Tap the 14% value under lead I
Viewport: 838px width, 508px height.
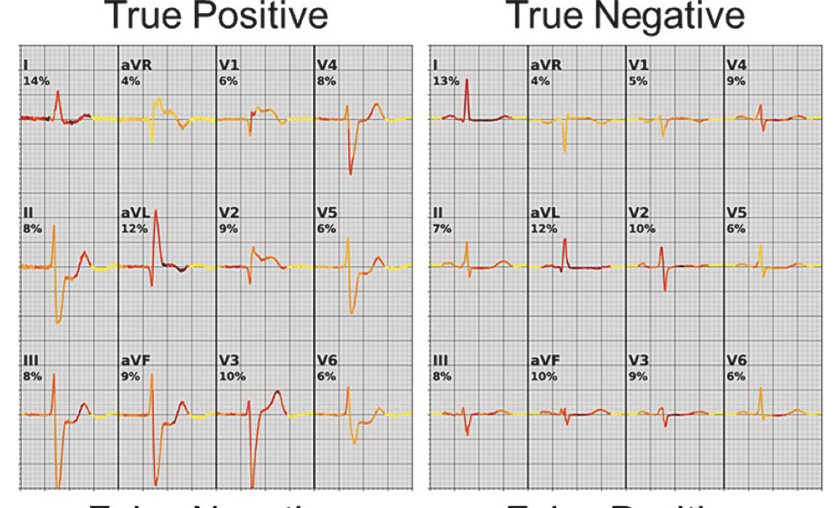point(36,81)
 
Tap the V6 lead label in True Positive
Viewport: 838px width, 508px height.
point(326,362)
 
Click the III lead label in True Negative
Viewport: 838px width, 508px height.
point(439,362)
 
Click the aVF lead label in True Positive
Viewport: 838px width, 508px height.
point(133,362)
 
